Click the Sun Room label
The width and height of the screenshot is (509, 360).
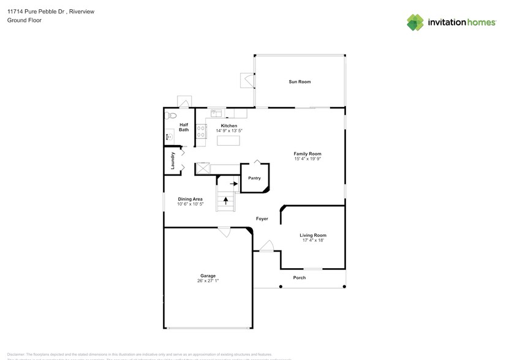tap(300, 81)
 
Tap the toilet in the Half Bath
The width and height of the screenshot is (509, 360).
tap(172, 115)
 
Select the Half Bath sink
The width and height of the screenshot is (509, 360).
tap(168, 137)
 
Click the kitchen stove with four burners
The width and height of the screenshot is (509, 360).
tap(201, 130)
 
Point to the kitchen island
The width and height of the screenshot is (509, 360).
tap(229, 141)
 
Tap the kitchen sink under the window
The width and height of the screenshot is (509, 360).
tap(217, 113)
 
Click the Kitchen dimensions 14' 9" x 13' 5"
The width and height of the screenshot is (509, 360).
tap(229, 131)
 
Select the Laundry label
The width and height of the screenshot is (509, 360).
tap(173, 160)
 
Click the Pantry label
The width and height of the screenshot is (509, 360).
tap(254, 178)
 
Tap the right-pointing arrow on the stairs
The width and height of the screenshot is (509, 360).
tap(234, 182)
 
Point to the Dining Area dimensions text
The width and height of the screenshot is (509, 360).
tap(190, 204)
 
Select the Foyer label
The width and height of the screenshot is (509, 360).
tap(262, 219)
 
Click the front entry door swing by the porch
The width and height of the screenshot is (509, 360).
tap(266, 246)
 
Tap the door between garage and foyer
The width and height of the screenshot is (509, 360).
tap(225, 232)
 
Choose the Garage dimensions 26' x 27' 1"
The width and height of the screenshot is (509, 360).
tap(208, 280)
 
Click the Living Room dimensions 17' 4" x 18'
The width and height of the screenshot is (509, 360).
tap(312, 240)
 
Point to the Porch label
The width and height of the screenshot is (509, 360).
tap(299, 277)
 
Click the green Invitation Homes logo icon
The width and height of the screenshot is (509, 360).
tap(416, 23)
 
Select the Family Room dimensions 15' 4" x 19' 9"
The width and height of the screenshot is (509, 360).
tap(307, 159)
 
